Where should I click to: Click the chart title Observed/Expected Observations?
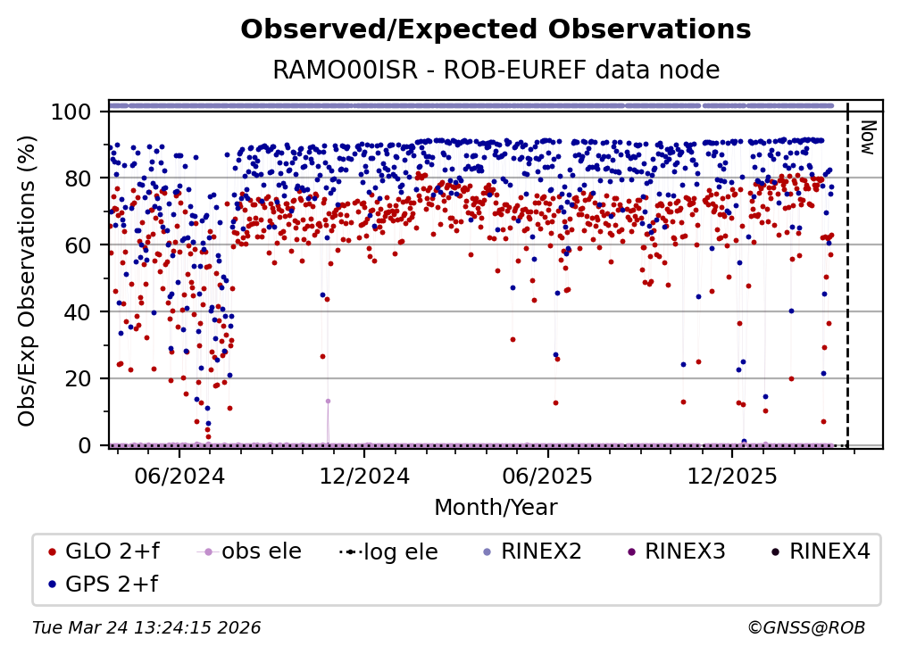tap(496, 30)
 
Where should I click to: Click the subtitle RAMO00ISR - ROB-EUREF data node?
tap(496, 70)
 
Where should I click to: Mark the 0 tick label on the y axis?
tap(85, 445)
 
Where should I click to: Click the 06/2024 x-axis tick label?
tap(179, 476)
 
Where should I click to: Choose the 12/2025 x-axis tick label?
tap(731, 476)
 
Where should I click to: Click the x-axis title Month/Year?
tap(496, 509)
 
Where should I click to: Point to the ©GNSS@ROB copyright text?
tap(805, 628)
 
